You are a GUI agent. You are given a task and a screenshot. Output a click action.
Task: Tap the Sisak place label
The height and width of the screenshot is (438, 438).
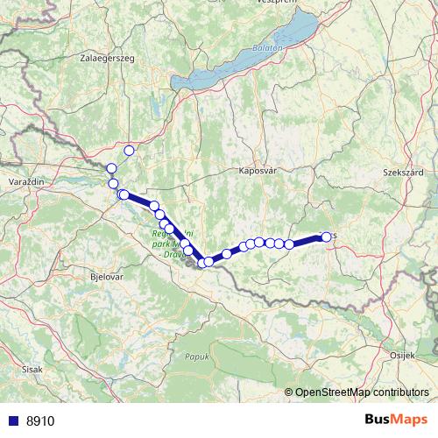click(x=32, y=371)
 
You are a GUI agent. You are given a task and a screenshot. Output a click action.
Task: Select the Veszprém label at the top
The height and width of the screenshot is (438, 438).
click(x=276, y=4)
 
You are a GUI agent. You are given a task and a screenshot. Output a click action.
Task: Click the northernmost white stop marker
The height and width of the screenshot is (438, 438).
click(x=130, y=150)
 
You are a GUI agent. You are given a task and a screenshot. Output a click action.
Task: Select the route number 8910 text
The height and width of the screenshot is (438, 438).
click(x=40, y=420)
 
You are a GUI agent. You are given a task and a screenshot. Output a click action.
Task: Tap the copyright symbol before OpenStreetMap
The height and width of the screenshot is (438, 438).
click(x=289, y=393)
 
